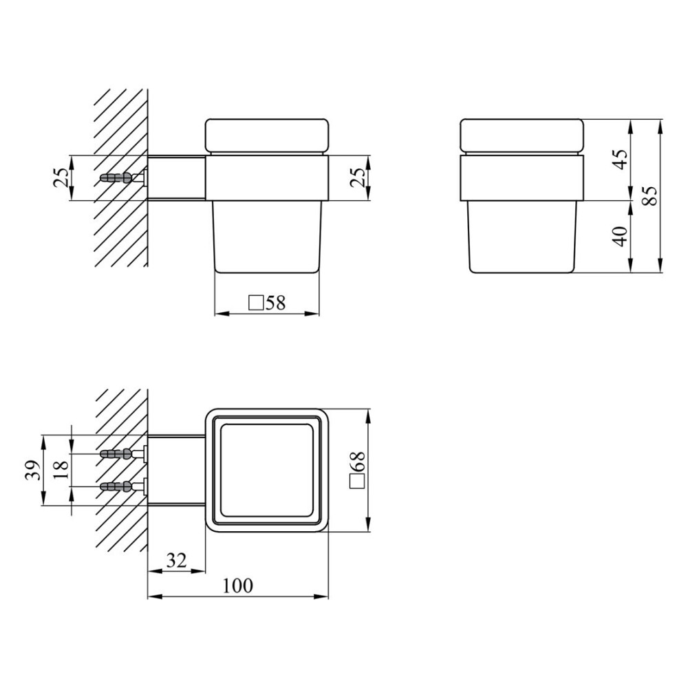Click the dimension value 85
651,195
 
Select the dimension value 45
621,160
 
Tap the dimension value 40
621,236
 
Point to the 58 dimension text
276,303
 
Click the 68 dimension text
358,462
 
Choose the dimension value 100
238,585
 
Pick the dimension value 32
177,560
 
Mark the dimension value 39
33,470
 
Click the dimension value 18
61,470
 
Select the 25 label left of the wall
61,178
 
